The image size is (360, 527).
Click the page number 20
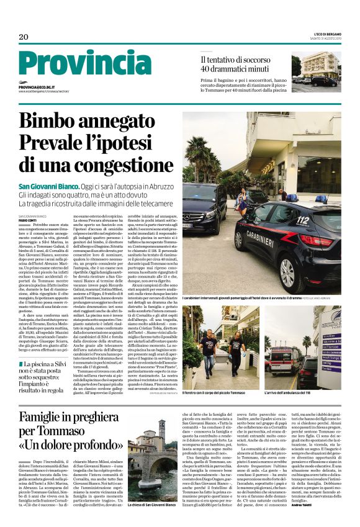click(x=24, y=37)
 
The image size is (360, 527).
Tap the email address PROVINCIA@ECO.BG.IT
click(x=37, y=88)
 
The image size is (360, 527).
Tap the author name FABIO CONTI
click(x=27, y=219)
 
